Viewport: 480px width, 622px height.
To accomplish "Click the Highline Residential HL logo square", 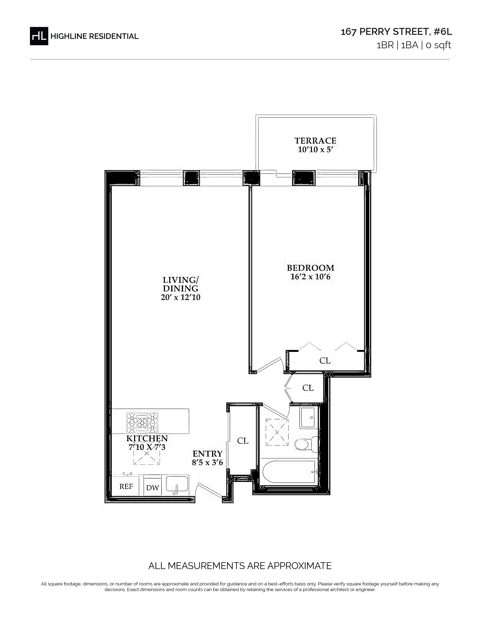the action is pos(39,36).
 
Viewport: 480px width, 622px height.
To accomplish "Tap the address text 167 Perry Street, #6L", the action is pos(396,32).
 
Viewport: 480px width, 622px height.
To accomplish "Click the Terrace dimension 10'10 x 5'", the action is pos(315,149).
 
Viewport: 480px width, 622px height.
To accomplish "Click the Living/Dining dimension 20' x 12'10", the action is pos(181,297).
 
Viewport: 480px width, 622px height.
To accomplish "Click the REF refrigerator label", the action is pos(126,486).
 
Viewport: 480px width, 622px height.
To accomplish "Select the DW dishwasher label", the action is pos(152,488).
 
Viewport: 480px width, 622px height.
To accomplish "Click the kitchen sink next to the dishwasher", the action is pos(177,485).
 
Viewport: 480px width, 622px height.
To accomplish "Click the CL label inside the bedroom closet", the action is pos(325,361).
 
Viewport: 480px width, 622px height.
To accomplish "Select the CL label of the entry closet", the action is pos(243,441).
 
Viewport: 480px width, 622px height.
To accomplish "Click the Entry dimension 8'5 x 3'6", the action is pos(207,462).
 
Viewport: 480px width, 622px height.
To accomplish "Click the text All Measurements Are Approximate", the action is pos(240,566).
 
